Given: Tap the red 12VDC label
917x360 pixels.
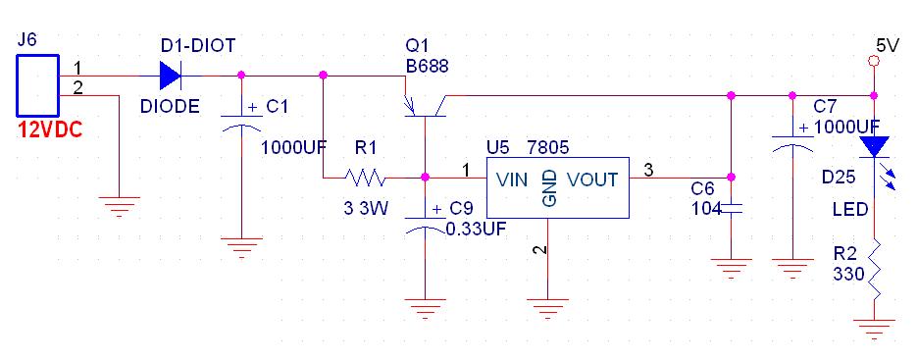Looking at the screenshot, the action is [49, 129].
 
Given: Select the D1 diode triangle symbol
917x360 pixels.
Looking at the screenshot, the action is [171, 76].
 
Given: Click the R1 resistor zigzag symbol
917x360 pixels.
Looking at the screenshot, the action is [365, 177].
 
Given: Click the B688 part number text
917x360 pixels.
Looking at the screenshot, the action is [428, 66].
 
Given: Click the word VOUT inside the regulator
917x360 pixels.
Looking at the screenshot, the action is [592, 180].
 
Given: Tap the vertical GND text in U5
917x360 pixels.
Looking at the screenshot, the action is [550, 188].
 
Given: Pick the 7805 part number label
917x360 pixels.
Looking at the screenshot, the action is [548, 147].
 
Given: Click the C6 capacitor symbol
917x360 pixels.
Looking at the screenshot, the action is [731, 208].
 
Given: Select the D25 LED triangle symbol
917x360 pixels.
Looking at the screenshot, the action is [874, 146].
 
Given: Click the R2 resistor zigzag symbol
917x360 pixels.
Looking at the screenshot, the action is [874, 271].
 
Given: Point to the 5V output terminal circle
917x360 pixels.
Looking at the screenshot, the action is [874, 61].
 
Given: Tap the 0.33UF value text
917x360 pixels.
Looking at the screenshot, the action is [476, 229].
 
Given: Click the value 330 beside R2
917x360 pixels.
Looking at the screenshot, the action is [849, 274].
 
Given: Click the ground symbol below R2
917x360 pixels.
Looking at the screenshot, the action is [874, 329].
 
